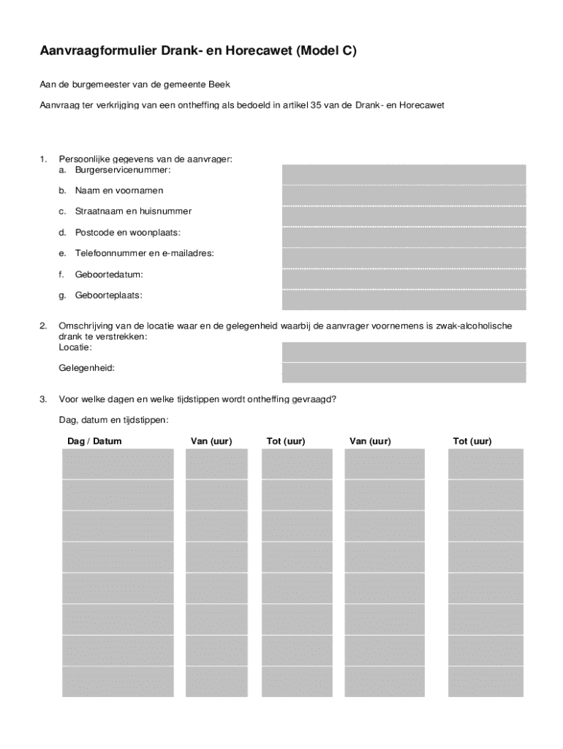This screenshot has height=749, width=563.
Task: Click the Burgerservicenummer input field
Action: click(404, 175)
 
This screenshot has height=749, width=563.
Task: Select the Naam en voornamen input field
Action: click(404, 195)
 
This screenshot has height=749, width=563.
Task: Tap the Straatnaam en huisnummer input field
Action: click(404, 217)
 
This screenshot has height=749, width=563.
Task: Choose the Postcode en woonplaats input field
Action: click(404, 237)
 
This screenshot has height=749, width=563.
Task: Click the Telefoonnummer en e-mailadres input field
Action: click(404, 258)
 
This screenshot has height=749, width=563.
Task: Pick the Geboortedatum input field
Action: click(404, 279)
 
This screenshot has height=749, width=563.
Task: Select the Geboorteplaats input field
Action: click(404, 300)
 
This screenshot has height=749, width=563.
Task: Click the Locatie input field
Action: click(404, 352)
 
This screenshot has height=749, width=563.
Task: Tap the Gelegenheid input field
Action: click(404, 372)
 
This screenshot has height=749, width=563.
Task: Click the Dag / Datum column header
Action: click(94, 441)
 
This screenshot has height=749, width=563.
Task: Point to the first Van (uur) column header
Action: click(211, 441)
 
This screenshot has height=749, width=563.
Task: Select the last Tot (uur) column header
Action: click(472, 441)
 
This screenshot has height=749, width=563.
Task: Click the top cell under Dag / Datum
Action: click(118, 464)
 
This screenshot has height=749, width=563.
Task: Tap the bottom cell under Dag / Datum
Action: click(118, 681)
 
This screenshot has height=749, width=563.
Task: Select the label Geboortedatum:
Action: click(109, 274)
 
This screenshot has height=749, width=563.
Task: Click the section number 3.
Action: click(43, 399)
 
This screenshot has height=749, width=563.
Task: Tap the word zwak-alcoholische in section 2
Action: click(474, 325)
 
